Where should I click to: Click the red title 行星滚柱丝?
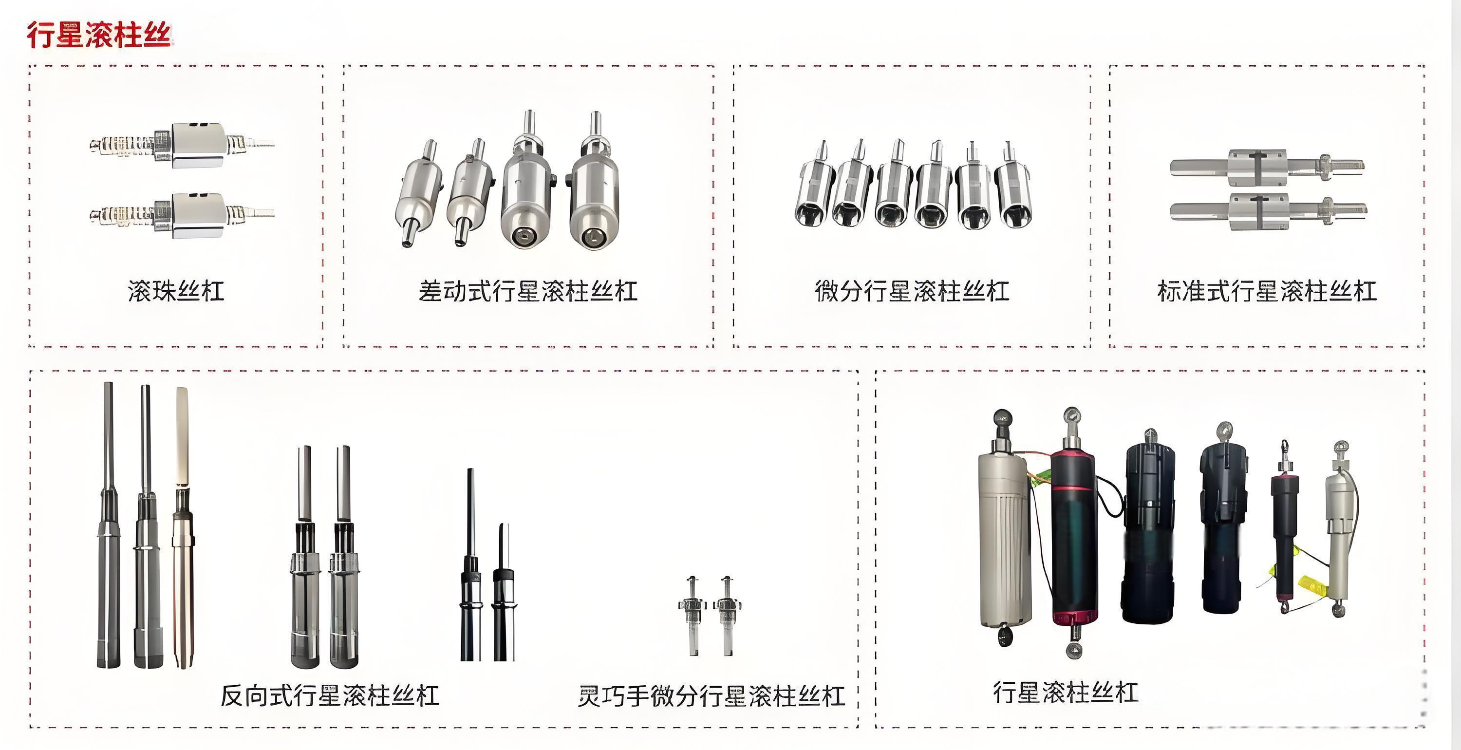coord(99,35)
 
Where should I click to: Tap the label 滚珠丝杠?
coord(176,291)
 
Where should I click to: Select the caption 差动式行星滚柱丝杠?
coord(528,291)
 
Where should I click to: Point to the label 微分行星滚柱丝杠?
coord(912,291)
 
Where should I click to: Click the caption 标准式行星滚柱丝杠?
coord(1267,291)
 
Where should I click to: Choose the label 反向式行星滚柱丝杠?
coord(330,695)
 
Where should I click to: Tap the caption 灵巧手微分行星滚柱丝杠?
coord(711,695)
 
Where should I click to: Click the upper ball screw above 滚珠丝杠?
coord(182,145)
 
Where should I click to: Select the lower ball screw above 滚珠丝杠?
coord(182,215)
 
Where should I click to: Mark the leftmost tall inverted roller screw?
coord(108,525)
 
